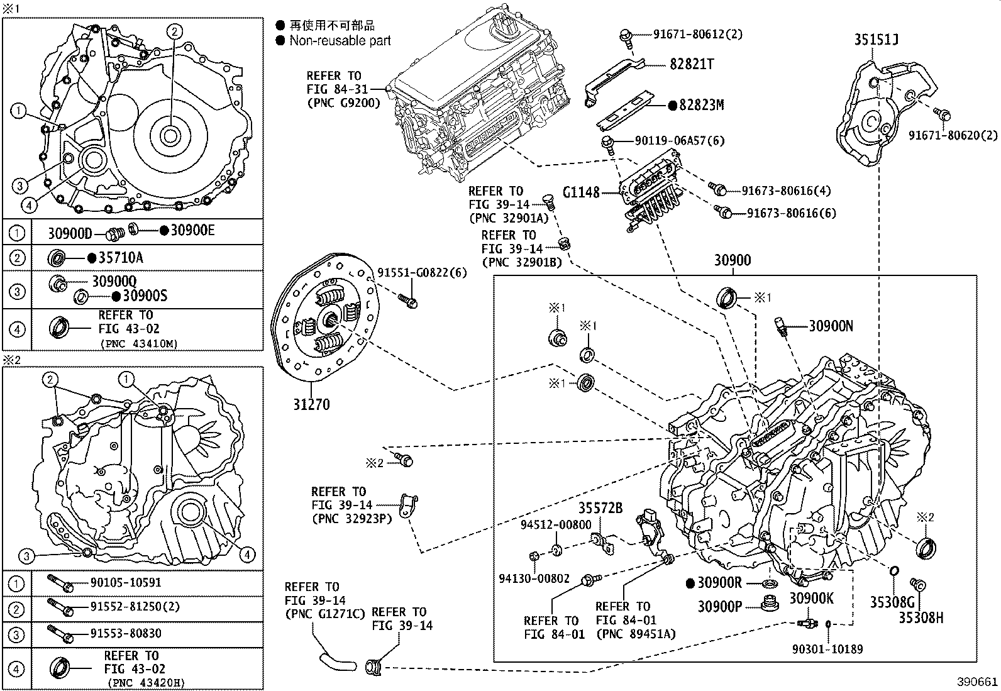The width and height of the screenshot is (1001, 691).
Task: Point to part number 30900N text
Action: [831, 326]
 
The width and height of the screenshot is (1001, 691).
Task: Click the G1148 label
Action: [581, 192]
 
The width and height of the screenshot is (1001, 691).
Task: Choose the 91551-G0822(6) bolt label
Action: [422, 273]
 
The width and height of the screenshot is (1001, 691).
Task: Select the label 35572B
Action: [600, 508]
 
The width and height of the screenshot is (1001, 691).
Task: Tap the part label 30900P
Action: [719, 606]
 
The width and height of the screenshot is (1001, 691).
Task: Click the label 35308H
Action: [921, 617]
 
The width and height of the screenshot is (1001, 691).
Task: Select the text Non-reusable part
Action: [340, 41]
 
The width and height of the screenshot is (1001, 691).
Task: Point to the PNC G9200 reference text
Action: [344, 102]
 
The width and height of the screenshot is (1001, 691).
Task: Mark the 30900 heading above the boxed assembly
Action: [733, 260]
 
